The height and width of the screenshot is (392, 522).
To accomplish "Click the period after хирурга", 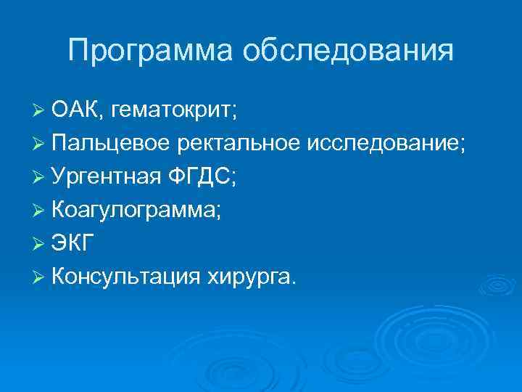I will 294,281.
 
